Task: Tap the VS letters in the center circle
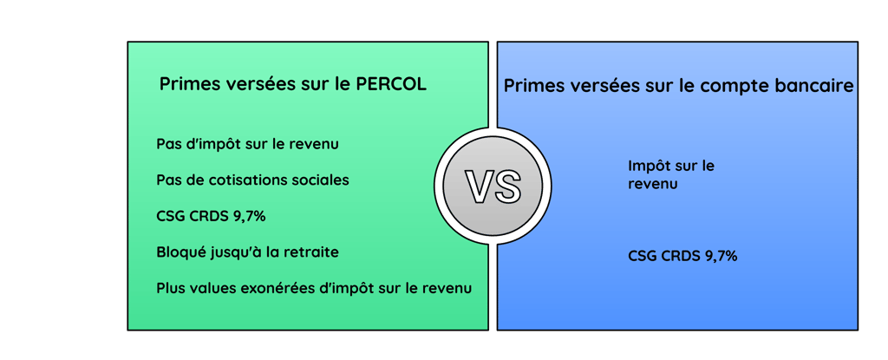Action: tap(493, 187)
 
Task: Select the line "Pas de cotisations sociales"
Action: tap(253, 180)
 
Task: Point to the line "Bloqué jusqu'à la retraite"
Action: tap(248, 252)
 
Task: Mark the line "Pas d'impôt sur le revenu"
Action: tap(248, 144)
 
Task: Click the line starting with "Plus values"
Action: tap(314, 288)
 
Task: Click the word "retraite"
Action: tap(310, 252)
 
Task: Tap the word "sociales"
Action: tap(321, 180)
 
